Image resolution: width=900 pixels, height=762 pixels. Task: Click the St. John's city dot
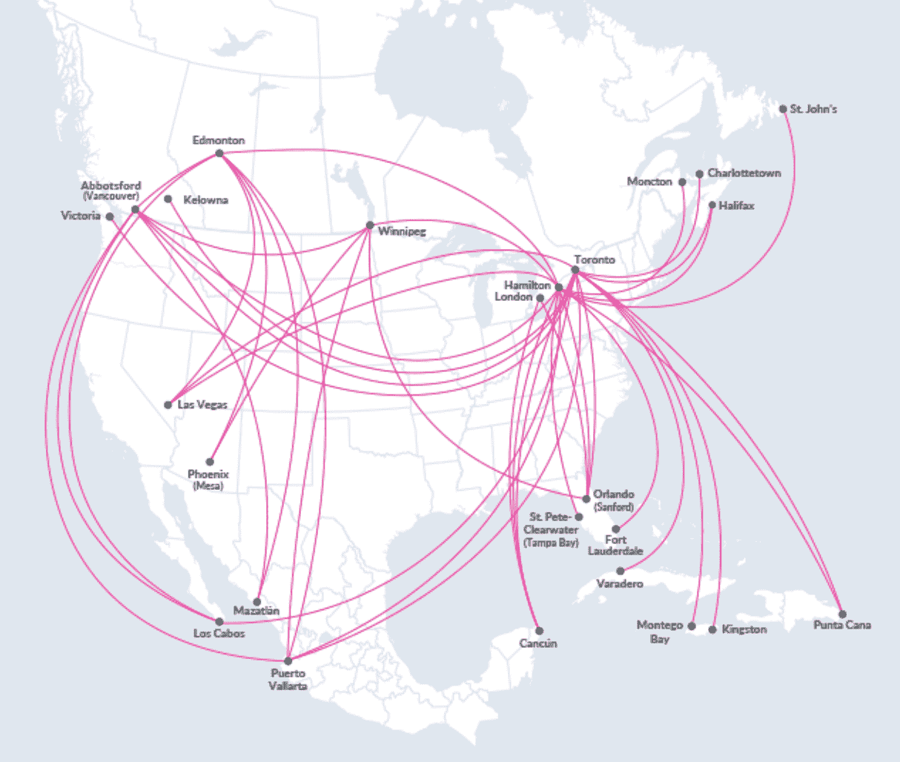tap(783, 109)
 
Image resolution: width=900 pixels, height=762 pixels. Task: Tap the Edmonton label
tap(219, 140)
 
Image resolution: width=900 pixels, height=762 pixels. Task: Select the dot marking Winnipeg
tap(370, 225)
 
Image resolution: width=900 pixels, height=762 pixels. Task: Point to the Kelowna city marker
tap(168, 199)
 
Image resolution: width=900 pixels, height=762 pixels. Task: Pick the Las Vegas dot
tap(168, 405)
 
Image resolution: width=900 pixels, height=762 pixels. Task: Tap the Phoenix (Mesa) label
tap(208, 480)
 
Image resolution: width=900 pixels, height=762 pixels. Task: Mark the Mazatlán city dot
tap(257, 601)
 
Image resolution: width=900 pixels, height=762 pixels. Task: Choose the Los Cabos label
tap(219, 633)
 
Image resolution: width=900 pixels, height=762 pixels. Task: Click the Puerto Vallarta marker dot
tap(288, 660)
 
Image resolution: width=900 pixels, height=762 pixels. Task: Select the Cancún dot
tap(539, 631)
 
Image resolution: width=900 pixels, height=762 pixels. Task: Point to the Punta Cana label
tap(842, 625)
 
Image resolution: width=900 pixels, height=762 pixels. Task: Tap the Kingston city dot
tap(712, 629)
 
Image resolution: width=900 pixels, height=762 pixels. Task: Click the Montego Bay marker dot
tap(692, 626)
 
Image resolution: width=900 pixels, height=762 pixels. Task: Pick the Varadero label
tap(620, 583)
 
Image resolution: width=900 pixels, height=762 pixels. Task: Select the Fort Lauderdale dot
tap(615, 529)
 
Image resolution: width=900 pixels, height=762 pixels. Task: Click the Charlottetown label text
tap(744, 173)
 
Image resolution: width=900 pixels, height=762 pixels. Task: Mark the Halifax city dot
tap(712, 205)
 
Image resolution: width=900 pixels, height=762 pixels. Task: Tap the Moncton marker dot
tap(682, 182)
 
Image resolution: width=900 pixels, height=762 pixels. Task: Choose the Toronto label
tap(594, 260)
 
